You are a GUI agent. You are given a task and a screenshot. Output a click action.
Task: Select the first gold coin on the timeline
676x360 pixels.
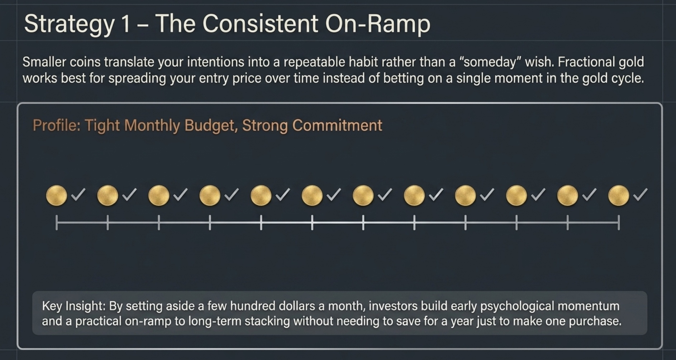[57, 196]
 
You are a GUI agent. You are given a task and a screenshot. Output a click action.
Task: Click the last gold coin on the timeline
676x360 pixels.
[618, 196]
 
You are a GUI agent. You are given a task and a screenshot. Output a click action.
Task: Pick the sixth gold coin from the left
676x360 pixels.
[312, 196]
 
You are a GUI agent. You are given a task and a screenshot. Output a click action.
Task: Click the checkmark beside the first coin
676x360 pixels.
[78, 195]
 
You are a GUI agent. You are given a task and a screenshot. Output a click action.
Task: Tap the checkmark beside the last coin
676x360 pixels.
[640, 195]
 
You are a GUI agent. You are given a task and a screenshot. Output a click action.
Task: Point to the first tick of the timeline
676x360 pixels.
[57, 222]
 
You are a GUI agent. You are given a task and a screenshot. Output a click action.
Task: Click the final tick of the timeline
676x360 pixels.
[618, 222]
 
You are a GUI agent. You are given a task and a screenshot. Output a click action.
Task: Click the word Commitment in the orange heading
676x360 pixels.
[337, 126]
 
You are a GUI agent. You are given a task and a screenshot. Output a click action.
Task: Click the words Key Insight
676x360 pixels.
[73, 306]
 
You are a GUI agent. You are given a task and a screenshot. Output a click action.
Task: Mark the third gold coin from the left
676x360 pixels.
[159, 196]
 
